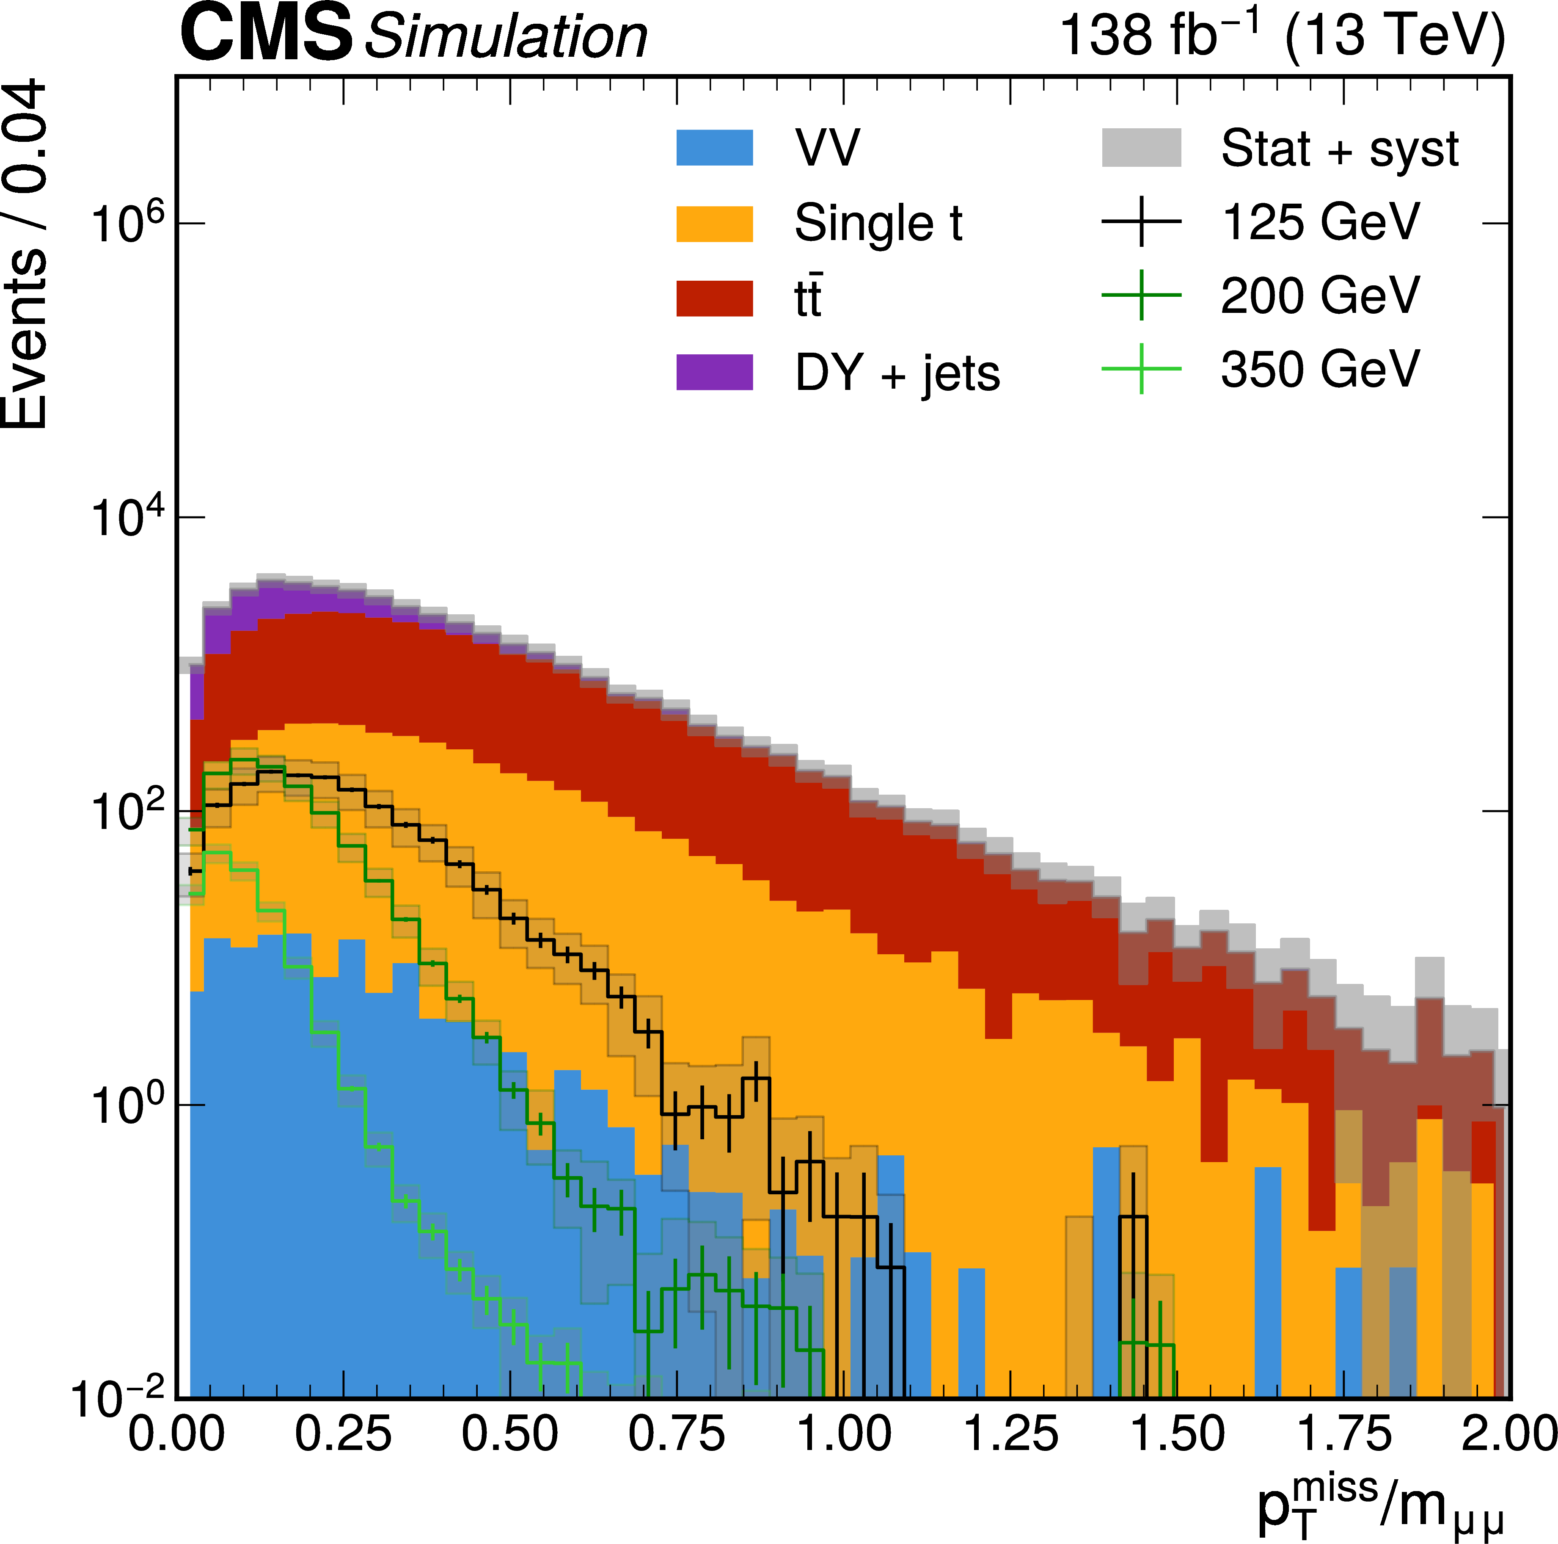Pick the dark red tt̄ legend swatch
point(715,298)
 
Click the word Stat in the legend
point(1265,149)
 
